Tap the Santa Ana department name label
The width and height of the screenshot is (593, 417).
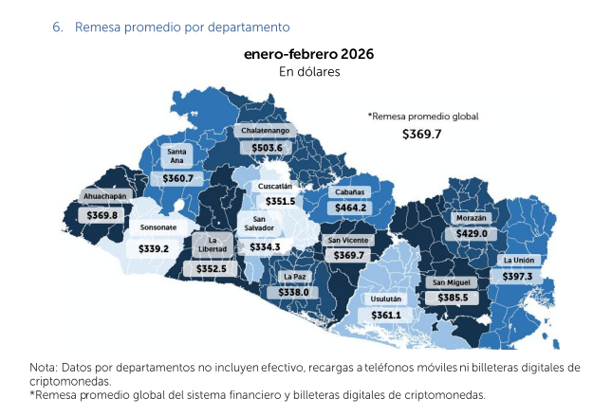click(176, 155)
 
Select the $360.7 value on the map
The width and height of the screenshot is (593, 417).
click(177, 177)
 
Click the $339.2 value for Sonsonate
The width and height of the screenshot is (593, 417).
click(153, 248)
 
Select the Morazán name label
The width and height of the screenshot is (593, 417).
click(471, 217)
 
